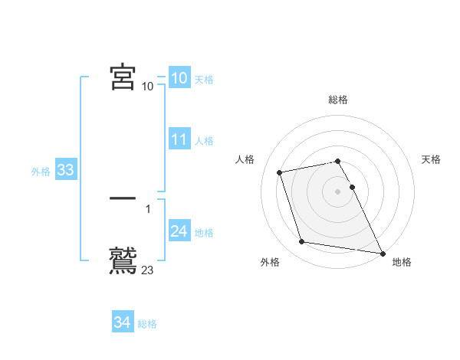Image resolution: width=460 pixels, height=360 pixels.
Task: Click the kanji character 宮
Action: (123, 78)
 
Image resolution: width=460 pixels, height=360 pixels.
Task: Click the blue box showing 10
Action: (179, 78)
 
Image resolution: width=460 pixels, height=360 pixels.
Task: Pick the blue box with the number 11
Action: (179, 139)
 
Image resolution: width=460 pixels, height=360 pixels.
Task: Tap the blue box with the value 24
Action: (179, 232)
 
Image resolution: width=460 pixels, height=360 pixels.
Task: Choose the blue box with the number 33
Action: (65, 171)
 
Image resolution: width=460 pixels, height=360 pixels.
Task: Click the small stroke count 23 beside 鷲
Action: (148, 270)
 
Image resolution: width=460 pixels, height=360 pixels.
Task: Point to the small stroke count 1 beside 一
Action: (148, 208)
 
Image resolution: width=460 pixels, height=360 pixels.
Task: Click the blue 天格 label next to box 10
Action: (204, 80)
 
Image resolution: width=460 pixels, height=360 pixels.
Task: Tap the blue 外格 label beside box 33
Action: (41, 172)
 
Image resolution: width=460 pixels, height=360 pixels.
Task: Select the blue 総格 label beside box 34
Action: (147, 324)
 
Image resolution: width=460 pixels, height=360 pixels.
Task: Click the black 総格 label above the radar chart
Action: (338, 100)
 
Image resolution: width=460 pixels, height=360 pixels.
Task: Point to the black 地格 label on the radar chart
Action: (402, 262)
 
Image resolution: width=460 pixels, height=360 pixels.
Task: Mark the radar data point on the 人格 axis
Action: (280, 172)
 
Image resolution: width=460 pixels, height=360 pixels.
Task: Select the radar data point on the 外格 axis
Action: (302, 242)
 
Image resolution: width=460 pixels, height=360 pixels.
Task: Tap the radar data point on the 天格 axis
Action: (352, 187)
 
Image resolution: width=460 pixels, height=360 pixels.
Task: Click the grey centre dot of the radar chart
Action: (338, 191)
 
